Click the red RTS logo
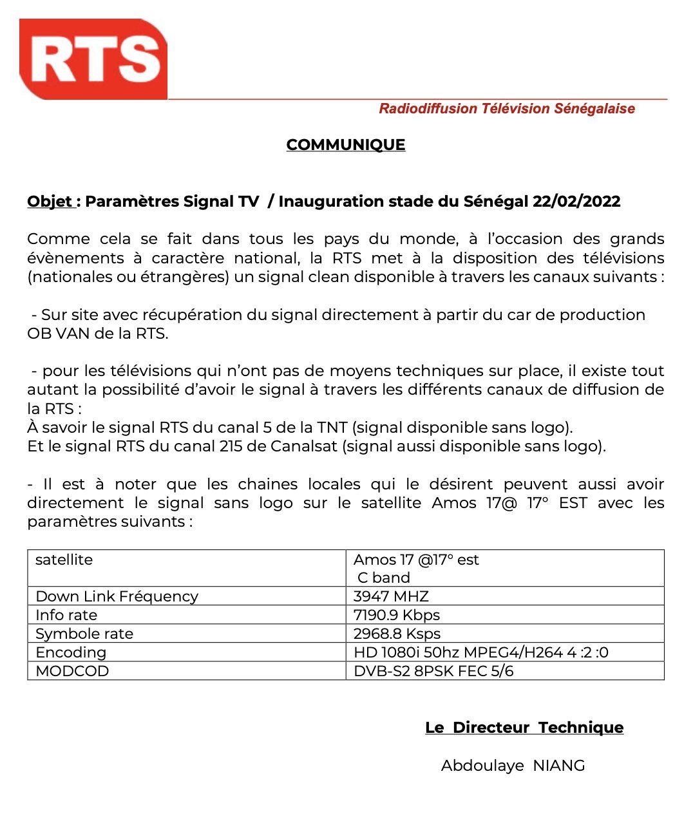click(94, 59)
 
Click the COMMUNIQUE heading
click(346, 145)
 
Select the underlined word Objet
click(50, 202)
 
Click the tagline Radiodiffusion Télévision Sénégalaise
click(507, 109)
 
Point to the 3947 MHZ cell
click(391, 596)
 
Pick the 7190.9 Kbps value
click(397, 615)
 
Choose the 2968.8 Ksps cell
click(397, 634)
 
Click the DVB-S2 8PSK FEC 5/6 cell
click(433, 671)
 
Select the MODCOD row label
click(72, 671)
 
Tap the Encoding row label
click(71, 652)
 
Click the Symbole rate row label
click(84, 634)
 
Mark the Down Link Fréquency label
click(117, 596)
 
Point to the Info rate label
click(66, 615)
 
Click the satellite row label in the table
click(64, 560)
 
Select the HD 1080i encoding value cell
click(480, 652)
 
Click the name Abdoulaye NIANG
click(513, 766)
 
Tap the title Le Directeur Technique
click(524, 728)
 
